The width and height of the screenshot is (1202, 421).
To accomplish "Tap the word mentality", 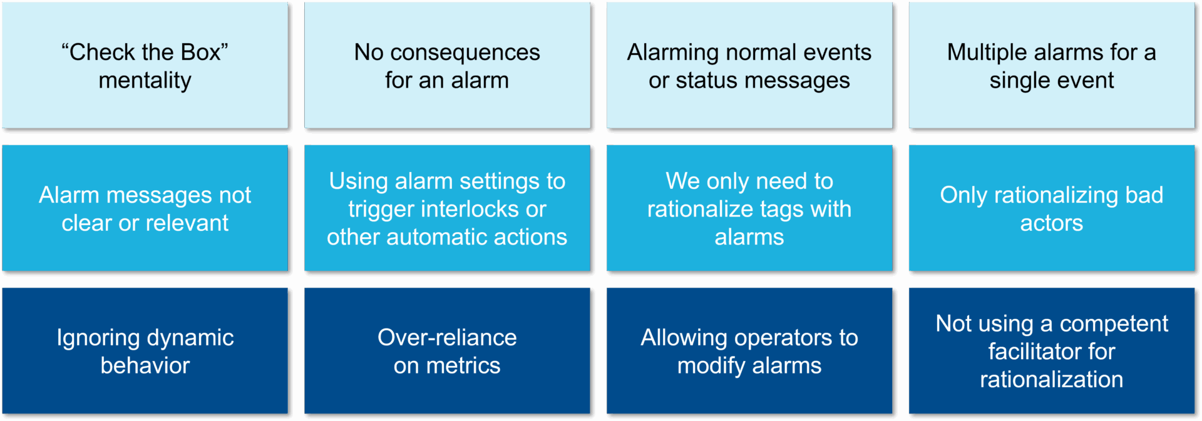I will pos(145,81).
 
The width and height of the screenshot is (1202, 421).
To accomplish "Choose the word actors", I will pos(1051,223).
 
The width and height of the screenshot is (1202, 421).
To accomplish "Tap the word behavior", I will pos(145,366).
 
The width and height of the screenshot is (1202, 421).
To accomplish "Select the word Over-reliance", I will pos(447,338).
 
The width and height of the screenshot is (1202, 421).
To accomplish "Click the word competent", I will pos(1114,324).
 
